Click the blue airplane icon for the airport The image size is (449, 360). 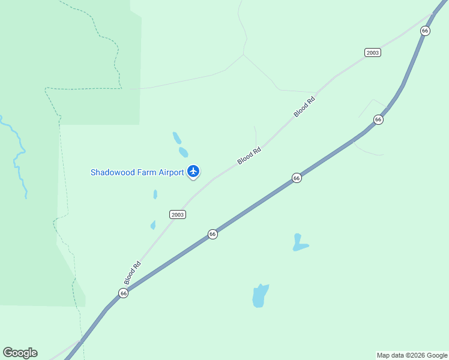(193, 172)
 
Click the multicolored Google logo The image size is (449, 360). (20, 353)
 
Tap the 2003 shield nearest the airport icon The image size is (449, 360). (178, 214)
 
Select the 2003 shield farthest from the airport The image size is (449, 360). (372, 53)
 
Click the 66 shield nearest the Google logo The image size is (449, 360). (123, 293)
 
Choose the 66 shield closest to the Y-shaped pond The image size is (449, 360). (296, 178)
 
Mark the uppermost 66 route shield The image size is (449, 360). (425, 31)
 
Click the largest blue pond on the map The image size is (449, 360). (260, 295)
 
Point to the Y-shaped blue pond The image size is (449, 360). (299, 242)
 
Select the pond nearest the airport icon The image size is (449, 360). (183, 152)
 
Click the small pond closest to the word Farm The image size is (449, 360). (155, 194)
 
